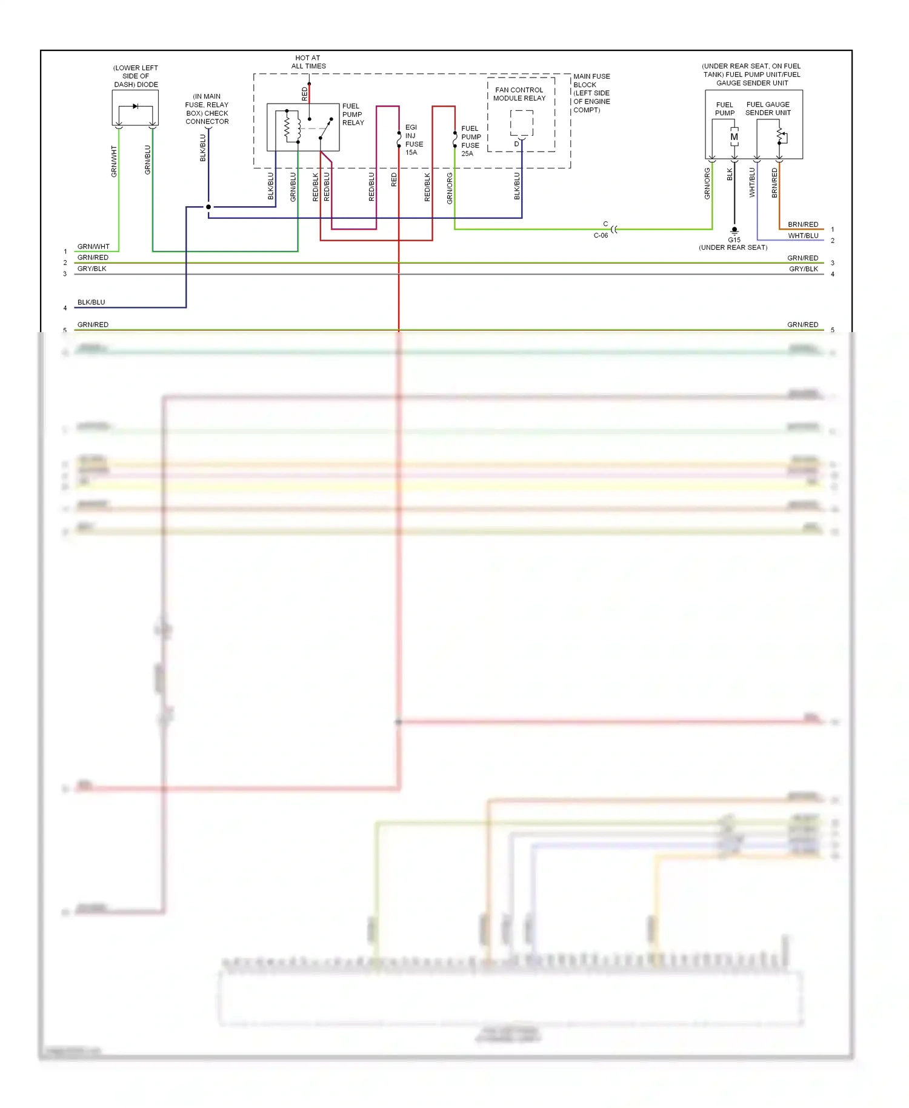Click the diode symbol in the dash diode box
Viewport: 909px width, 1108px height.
pyautogui.click(x=135, y=107)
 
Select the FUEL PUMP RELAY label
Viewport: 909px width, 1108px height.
pyautogui.click(x=353, y=115)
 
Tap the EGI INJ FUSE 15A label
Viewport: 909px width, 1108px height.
pyautogui.click(x=414, y=140)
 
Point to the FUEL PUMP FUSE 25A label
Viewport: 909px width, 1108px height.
pyautogui.click(x=471, y=141)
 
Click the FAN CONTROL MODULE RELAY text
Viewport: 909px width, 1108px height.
pyautogui.click(x=519, y=94)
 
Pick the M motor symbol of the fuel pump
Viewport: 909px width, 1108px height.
pyautogui.click(x=734, y=137)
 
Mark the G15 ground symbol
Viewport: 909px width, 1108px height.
pyautogui.click(x=734, y=231)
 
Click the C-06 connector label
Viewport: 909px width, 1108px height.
pyautogui.click(x=601, y=236)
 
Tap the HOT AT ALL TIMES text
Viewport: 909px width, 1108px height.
pyautogui.click(x=308, y=62)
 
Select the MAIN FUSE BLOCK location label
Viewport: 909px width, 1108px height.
pyautogui.click(x=591, y=93)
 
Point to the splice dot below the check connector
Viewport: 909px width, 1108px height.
pyautogui.click(x=208, y=207)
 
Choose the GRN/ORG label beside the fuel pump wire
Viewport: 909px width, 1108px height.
pyautogui.click(x=707, y=184)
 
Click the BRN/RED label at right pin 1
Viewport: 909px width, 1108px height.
pyautogui.click(x=803, y=225)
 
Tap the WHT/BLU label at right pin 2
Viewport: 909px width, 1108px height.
pyautogui.click(x=803, y=236)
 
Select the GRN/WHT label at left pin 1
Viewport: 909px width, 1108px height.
pyautogui.click(x=93, y=247)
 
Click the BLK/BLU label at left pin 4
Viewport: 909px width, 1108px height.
pyautogui.click(x=91, y=302)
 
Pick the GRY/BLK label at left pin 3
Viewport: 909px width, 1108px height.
pyautogui.click(x=92, y=269)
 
